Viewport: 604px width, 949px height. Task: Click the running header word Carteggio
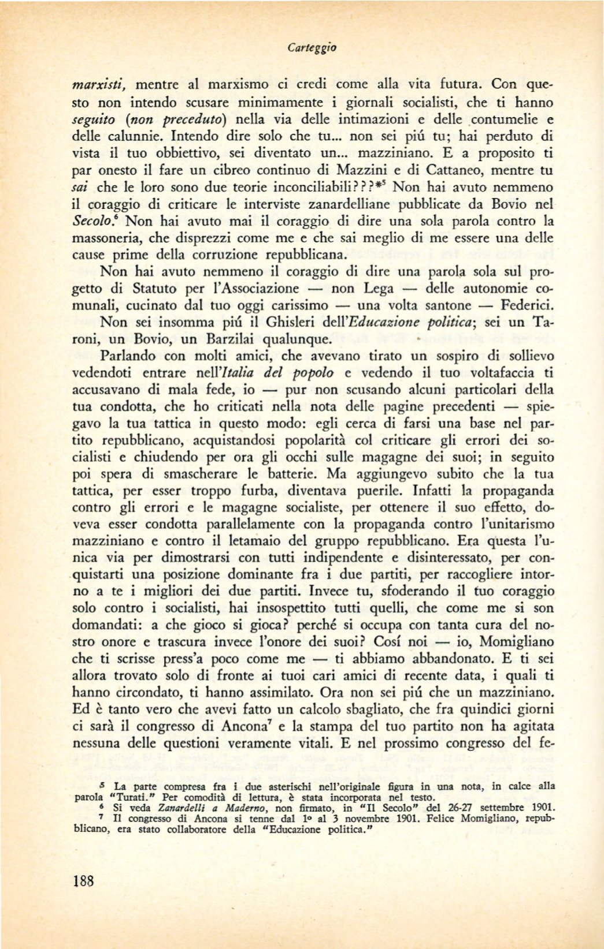pos(312,47)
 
